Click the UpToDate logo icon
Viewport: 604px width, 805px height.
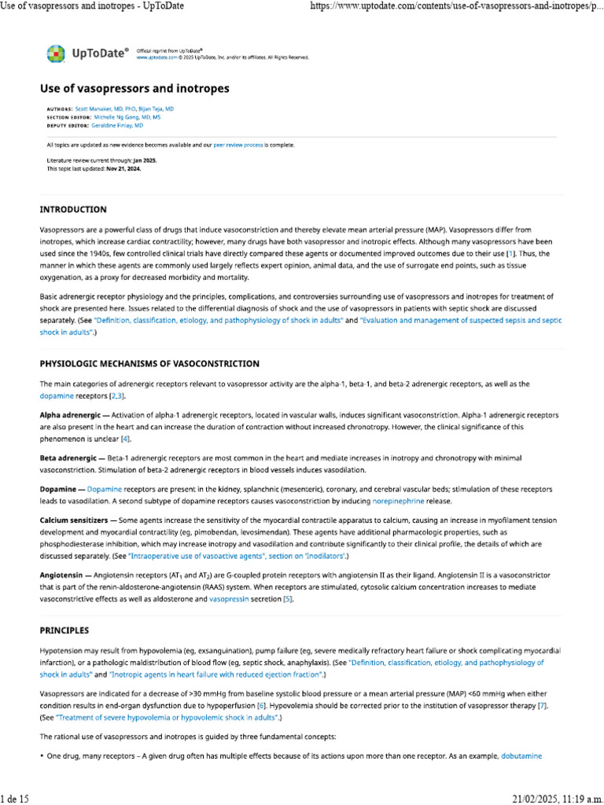pyautogui.click(x=56, y=53)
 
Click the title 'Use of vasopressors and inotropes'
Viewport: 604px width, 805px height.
pyautogui.click(x=134, y=89)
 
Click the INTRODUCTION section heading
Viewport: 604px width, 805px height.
pyautogui.click(x=73, y=210)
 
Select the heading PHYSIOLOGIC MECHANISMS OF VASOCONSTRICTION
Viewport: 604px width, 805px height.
pyautogui.click(x=149, y=364)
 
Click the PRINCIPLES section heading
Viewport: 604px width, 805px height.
pyautogui.click(x=64, y=630)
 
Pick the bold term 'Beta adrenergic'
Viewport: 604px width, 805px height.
pyautogui.click(x=68, y=458)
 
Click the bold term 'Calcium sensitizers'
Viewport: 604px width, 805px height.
pyautogui.click(x=75, y=520)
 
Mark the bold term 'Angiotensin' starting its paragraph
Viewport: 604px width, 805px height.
pyautogui.click(x=61, y=575)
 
